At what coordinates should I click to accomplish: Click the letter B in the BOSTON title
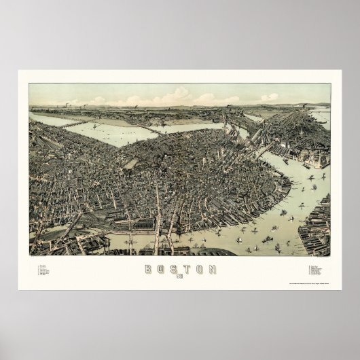tap(148, 269)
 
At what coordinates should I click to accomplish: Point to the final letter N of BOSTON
tap(213, 269)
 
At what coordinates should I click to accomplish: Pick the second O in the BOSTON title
tap(200, 269)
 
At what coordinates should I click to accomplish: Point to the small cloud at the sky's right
tap(269, 97)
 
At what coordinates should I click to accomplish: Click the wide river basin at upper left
tap(109, 132)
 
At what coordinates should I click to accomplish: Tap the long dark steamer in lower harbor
tap(268, 239)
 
